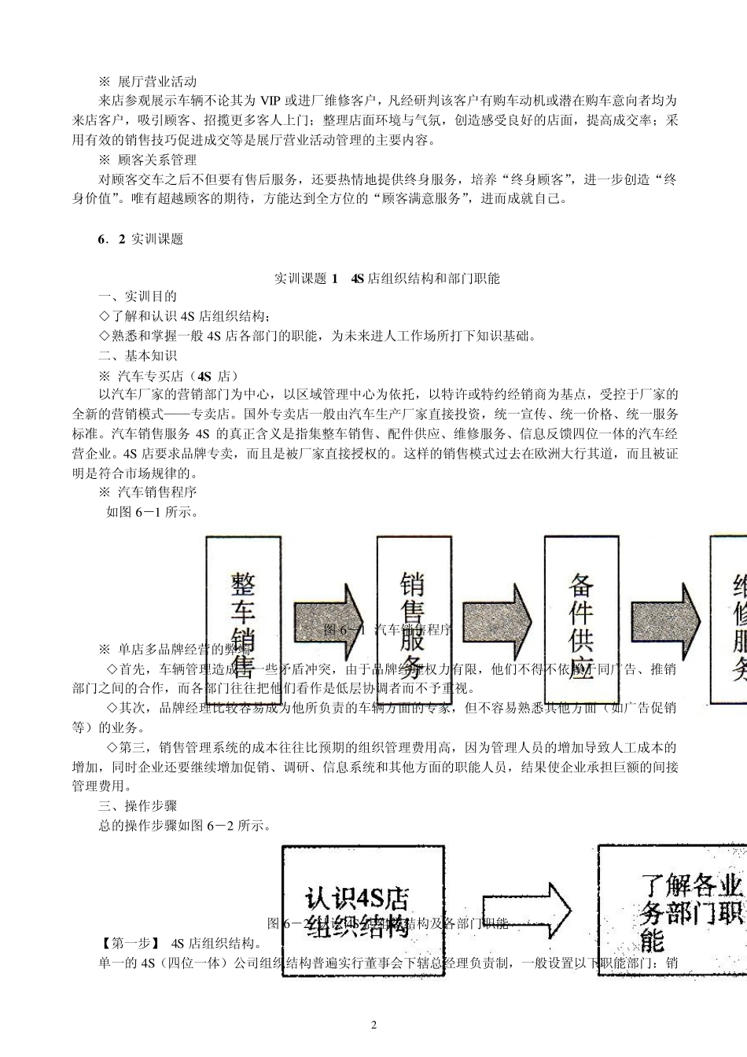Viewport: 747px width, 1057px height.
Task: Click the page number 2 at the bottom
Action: click(x=373, y=1025)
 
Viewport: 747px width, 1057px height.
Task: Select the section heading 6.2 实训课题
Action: click(x=140, y=240)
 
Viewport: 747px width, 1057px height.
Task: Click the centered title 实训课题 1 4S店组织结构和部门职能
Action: click(x=387, y=278)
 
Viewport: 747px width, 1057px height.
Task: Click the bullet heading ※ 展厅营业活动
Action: click(x=147, y=82)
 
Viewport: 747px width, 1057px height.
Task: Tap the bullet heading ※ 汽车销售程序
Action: click(x=147, y=493)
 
